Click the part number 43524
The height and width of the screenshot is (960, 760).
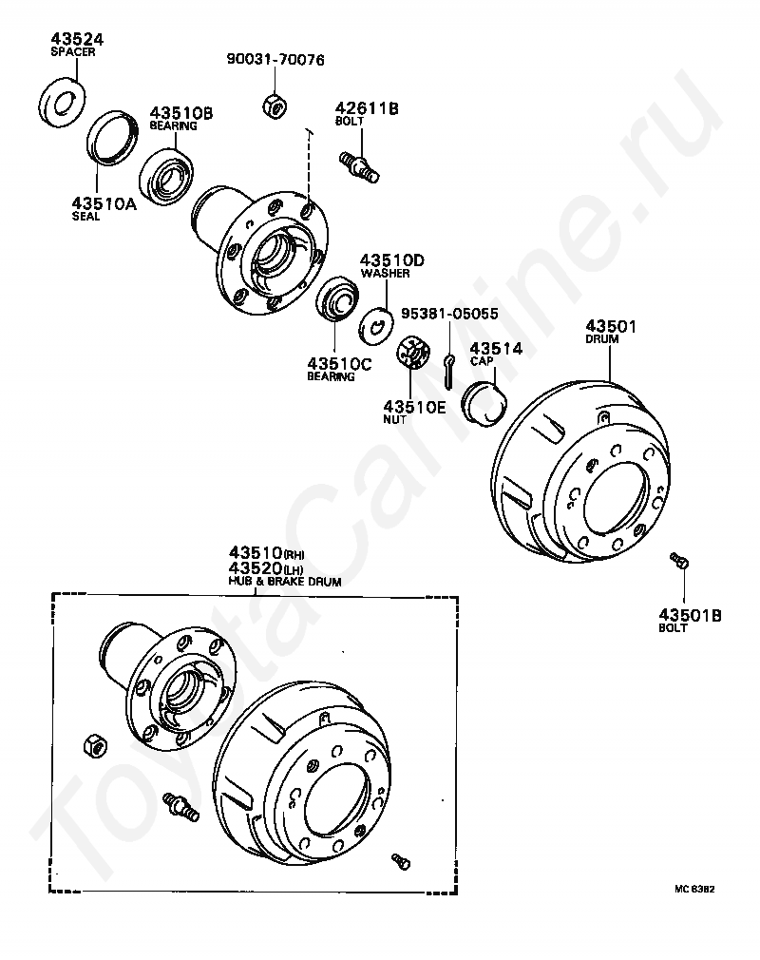tap(76, 39)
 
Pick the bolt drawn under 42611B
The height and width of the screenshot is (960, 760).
tap(358, 163)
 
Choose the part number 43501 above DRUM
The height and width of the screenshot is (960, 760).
tap(610, 326)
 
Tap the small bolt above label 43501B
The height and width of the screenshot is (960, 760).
tap(679, 561)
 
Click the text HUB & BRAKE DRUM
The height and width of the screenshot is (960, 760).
tap(284, 580)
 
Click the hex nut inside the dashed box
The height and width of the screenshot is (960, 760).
tap(95, 746)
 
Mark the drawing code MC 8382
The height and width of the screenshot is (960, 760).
tap(694, 890)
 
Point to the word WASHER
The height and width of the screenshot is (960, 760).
tap(385, 274)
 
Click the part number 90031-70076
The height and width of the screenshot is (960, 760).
tap(275, 60)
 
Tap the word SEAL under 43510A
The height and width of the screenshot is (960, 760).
tap(85, 216)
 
